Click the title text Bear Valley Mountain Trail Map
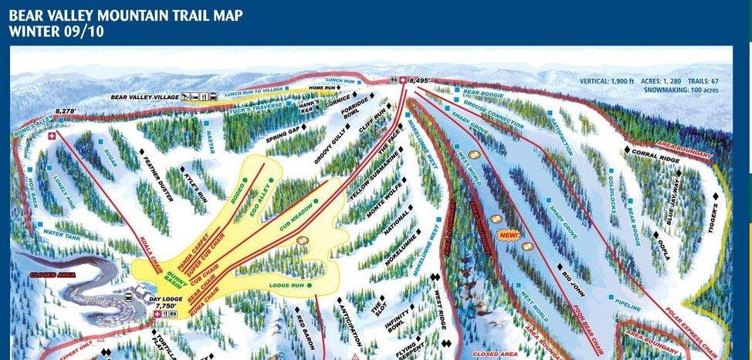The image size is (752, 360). [126, 16]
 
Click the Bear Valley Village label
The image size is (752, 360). [144, 97]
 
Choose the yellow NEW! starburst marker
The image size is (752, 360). [508, 234]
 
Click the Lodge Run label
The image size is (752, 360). [286, 285]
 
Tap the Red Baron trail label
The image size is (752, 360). [302, 329]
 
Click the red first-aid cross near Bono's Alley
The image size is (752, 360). [53, 136]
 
